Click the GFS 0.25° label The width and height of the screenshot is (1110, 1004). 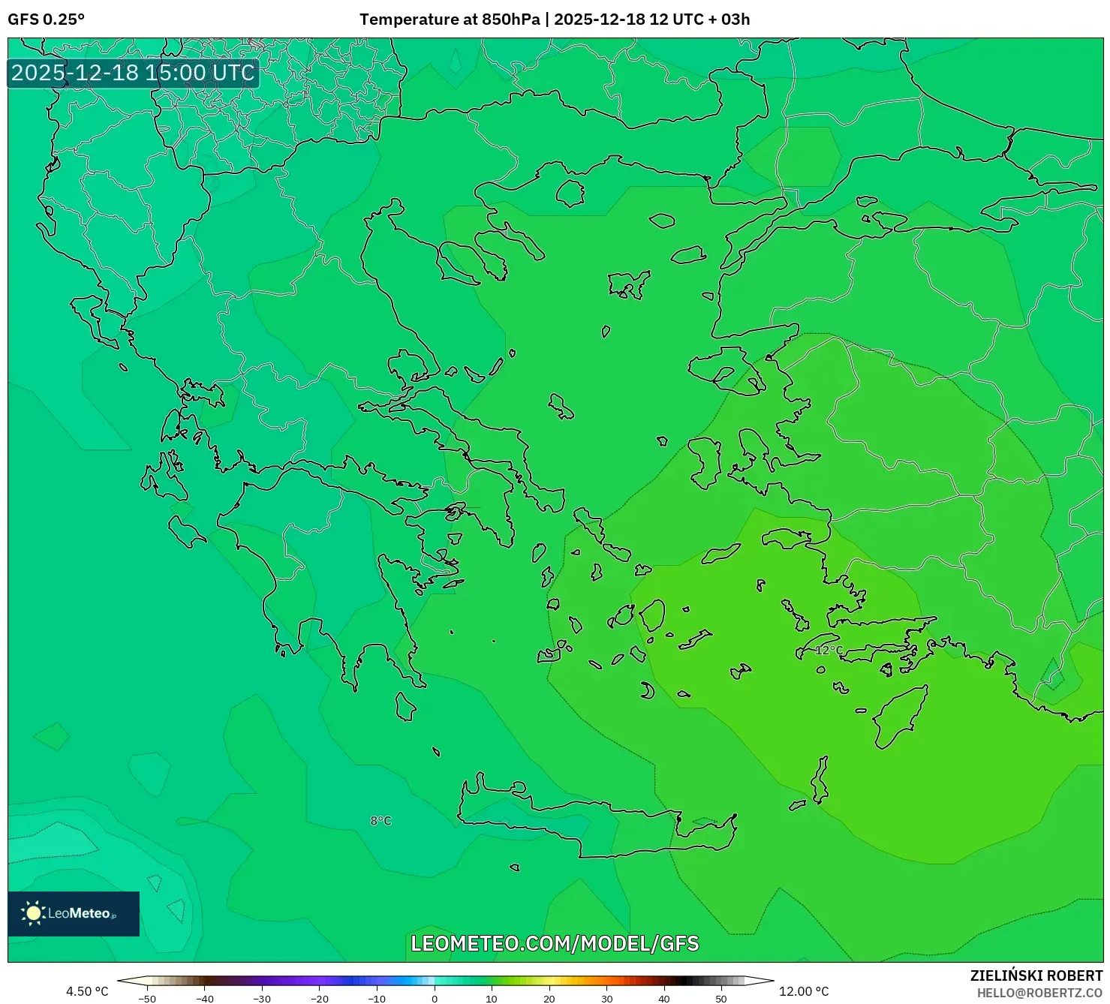[x=46, y=20]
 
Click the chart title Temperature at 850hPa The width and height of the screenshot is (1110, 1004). [x=450, y=20]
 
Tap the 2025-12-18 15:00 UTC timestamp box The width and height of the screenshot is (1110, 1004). [x=133, y=74]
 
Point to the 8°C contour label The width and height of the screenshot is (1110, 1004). [x=381, y=821]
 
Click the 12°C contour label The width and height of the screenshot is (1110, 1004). [x=829, y=650]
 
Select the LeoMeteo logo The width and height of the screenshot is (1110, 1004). [x=74, y=913]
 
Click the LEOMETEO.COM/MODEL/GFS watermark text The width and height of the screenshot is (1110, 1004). [x=555, y=943]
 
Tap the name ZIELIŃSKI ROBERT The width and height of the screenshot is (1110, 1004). [x=1036, y=975]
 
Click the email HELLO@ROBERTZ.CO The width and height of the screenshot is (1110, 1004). [x=1039, y=993]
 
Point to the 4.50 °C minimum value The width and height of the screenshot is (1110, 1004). [x=87, y=991]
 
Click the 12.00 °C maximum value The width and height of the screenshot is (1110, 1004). [x=804, y=991]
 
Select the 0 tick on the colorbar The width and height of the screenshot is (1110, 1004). [x=435, y=999]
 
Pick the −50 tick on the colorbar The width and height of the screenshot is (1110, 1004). [x=147, y=999]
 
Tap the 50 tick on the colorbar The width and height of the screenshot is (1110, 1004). [x=721, y=999]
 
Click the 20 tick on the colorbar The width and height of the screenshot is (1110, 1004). [x=549, y=999]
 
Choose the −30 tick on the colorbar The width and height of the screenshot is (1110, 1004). [x=262, y=999]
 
